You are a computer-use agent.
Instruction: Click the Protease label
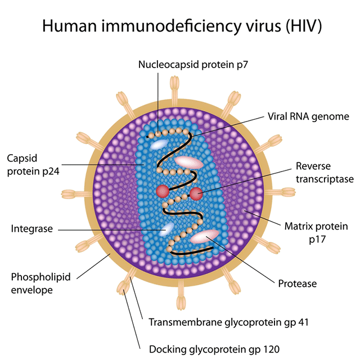pyautogui.click(x=298, y=283)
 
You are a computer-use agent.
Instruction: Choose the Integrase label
pyautogui.click(x=31, y=229)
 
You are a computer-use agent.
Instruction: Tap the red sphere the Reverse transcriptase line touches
pyautogui.click(x=196, y=194)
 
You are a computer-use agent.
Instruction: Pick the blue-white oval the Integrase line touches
pyautogui.click(x=167, y=228)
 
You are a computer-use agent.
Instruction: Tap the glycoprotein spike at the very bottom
pyautogui.click(x=181, y=299)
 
